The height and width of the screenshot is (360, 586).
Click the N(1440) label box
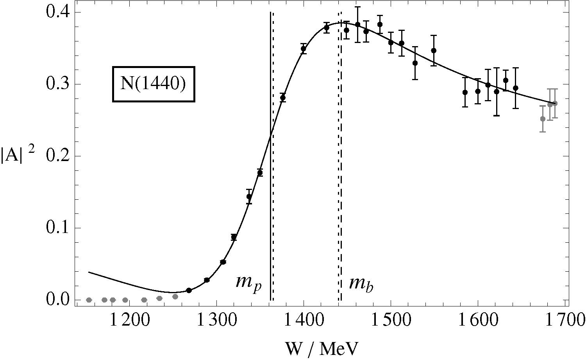pos(153,84)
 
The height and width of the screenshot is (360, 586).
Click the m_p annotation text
pos(248,282)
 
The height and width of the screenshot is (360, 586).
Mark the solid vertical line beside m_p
pos(270,195)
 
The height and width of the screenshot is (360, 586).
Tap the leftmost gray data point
pos(89,300)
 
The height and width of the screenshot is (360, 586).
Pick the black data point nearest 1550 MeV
pos(433,50)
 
